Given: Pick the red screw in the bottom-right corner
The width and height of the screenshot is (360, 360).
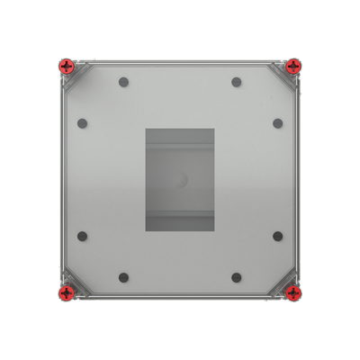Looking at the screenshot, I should [293, 292].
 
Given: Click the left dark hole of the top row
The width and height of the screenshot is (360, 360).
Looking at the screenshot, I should [123, 83].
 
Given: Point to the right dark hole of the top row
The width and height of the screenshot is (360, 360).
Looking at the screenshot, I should [236, 83].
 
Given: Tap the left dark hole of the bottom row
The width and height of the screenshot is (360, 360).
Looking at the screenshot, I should [123, 276].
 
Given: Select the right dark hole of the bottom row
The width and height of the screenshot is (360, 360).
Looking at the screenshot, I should [236, 276].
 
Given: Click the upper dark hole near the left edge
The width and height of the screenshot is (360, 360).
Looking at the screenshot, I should [82, 123].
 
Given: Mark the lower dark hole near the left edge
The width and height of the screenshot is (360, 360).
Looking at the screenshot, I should [82, 236].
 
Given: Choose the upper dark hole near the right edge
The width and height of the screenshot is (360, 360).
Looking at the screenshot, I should [277, 123].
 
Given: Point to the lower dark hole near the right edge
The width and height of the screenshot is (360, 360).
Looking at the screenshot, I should [277, 236].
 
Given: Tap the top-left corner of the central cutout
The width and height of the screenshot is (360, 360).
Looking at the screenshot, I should [146, 128].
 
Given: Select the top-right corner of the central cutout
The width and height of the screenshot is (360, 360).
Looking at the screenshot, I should [213, 128].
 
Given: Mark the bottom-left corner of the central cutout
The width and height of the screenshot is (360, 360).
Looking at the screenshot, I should [146, 231].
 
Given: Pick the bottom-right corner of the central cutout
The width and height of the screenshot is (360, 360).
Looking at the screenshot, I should [213, 231].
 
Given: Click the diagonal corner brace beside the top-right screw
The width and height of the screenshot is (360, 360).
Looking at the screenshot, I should [282, 76].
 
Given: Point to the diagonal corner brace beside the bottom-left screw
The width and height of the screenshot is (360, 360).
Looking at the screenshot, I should [76, 281].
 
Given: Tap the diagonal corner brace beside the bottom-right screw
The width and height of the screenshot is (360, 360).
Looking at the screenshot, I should [282, 281].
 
